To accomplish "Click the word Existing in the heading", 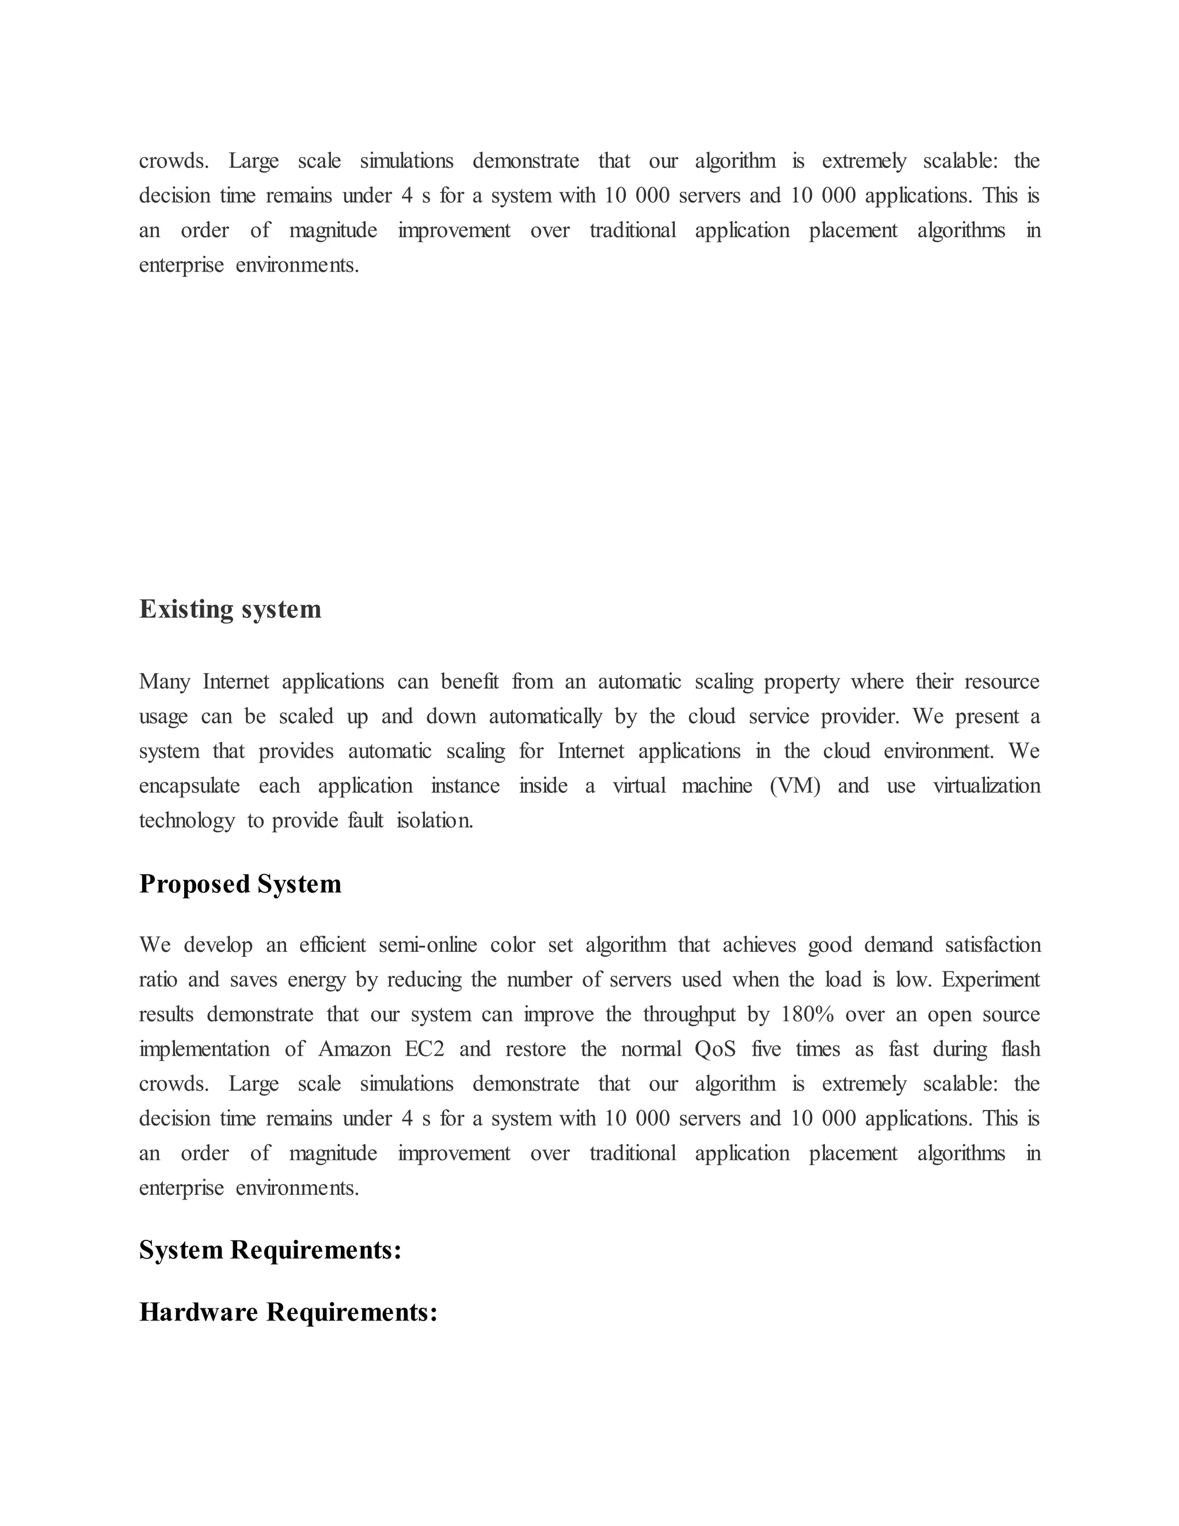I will pyautogui.click(x=187, y=609).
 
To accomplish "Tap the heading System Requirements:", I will pyautogui.click(x=271, y=1250).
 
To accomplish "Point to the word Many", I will pyautogui.click(x=164, y=681).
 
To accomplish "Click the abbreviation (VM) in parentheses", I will pyautogui.click(x=795, y=785).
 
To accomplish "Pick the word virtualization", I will pyautogui.click(x=986, y=785).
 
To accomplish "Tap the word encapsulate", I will pyautogui.click(x=189, y=786).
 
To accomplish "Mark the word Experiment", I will pyautogui.click(x=990, y=980).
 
